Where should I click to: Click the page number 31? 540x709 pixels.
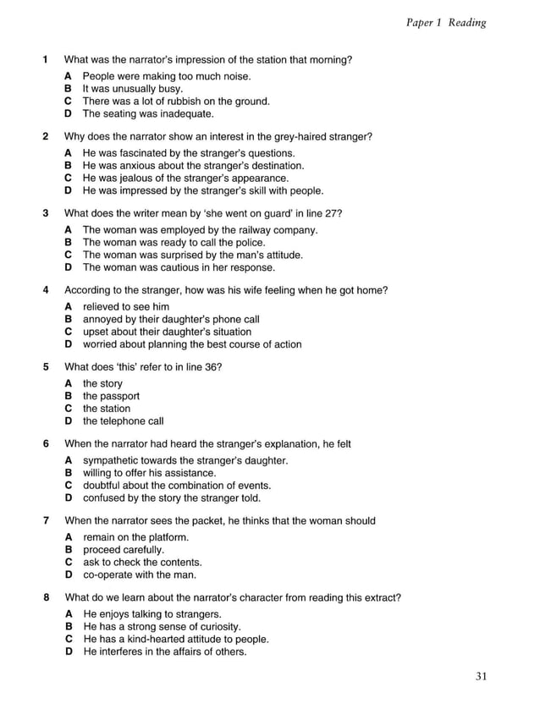point(482,675)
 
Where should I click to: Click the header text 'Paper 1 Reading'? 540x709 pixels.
point(446,22)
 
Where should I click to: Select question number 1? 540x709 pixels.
point(45,60)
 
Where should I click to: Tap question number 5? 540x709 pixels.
point(45,367)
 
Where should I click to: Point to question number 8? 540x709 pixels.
point(45,598)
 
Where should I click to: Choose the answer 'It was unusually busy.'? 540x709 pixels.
point(132,88)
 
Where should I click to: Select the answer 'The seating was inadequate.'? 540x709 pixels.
point(148,113)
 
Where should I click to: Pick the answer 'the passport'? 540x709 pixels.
point(111,396)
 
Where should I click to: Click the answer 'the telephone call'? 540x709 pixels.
point(123,421)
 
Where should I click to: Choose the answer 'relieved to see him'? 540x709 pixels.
point(126,306)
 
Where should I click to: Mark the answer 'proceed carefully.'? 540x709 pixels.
point(124,550)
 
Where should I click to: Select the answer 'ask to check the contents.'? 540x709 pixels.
point(142,563)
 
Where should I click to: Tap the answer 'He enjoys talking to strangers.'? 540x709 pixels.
point(152,614)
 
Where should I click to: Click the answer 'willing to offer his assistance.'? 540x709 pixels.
point(149,473)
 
